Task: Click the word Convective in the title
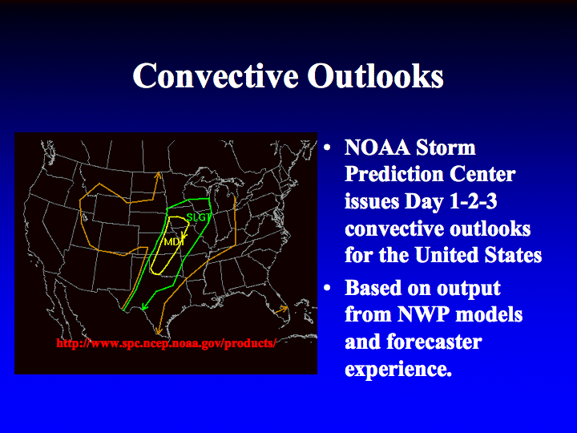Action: coord(216,75)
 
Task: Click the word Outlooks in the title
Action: coord(375,75)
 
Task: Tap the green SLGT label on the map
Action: coord(199,217)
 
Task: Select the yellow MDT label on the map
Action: coord(174,241)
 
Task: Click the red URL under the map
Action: coord(167,343)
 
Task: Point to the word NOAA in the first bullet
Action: coord(377,148)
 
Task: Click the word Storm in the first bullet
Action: coord(446,148)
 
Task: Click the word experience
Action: coord(398,370)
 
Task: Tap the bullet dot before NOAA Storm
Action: coord(327,148)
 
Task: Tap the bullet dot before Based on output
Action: coord(327,288)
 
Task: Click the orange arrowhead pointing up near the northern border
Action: coord(158,176)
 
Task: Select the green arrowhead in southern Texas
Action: coord(144,306)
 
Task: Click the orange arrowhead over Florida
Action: coord(283,309)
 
